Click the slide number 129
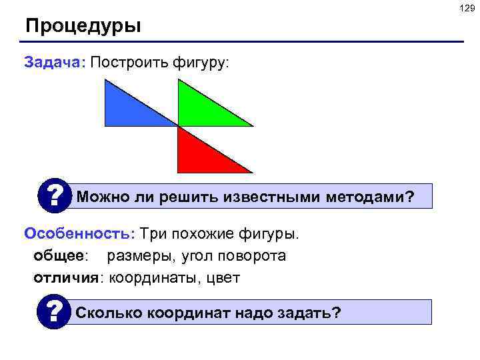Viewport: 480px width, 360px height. point(466,7)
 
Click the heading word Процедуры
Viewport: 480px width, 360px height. point(83,27)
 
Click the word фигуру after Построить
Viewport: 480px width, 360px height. point(199,63)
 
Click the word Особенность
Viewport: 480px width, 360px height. point(79,234)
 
